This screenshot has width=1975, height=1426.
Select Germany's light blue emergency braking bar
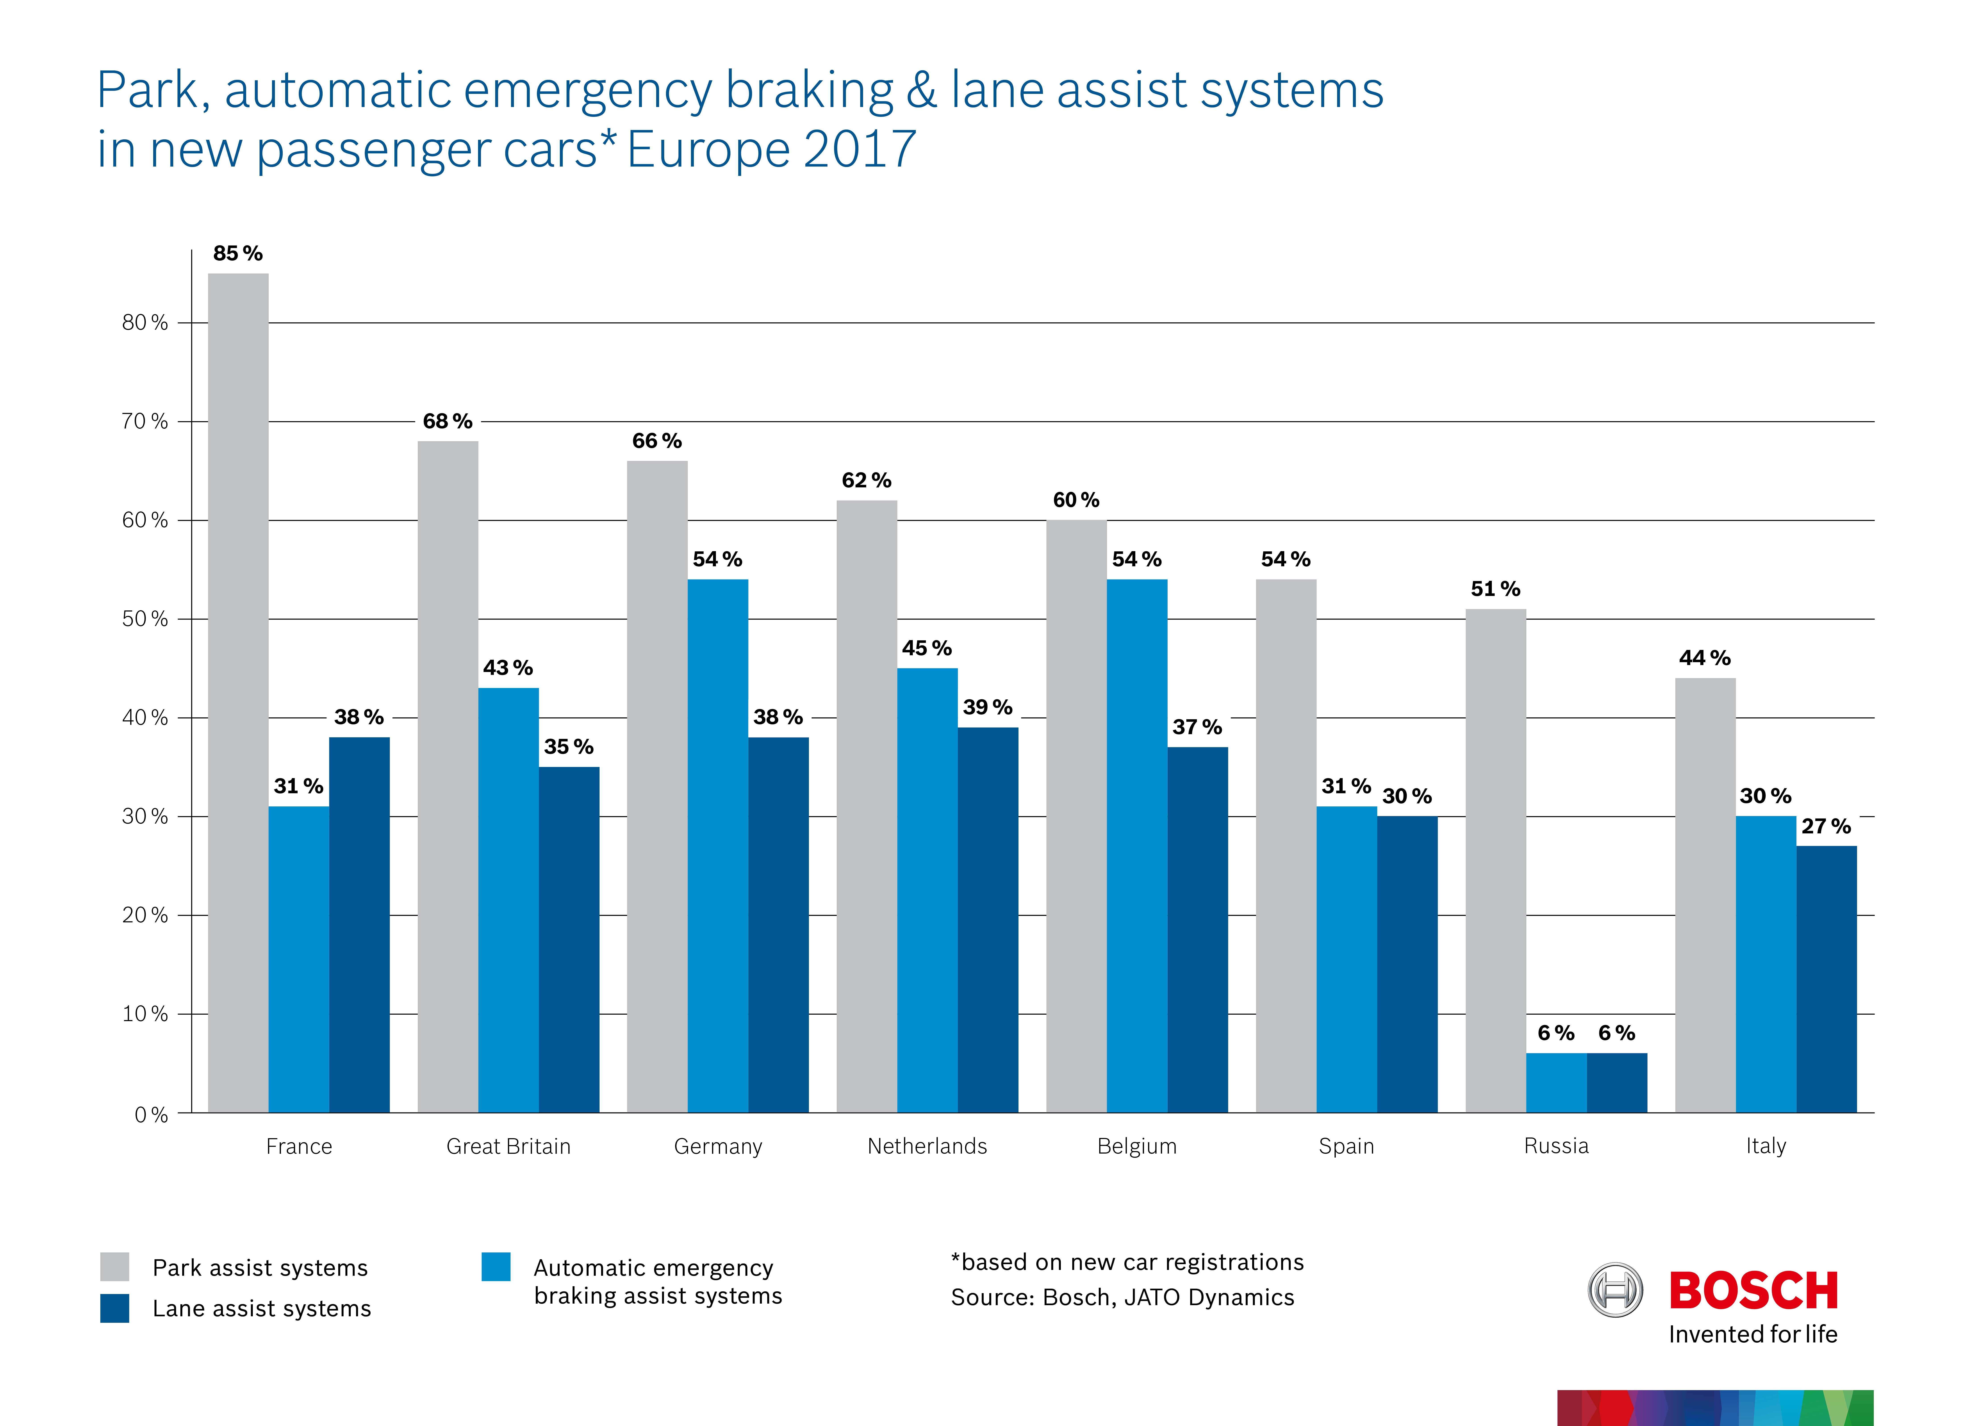(x=717, y=845)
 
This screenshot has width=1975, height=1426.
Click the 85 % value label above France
(x=238, y=253)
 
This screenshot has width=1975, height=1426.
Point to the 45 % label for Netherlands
(x=927, y=649)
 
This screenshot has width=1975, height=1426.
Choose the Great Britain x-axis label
(x=509, y=1147)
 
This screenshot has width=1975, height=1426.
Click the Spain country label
(x=1346, y=1147)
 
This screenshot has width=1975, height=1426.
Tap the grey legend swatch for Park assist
(x=115, y=1267)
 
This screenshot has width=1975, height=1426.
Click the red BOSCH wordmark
(x=1753, y=1290)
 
